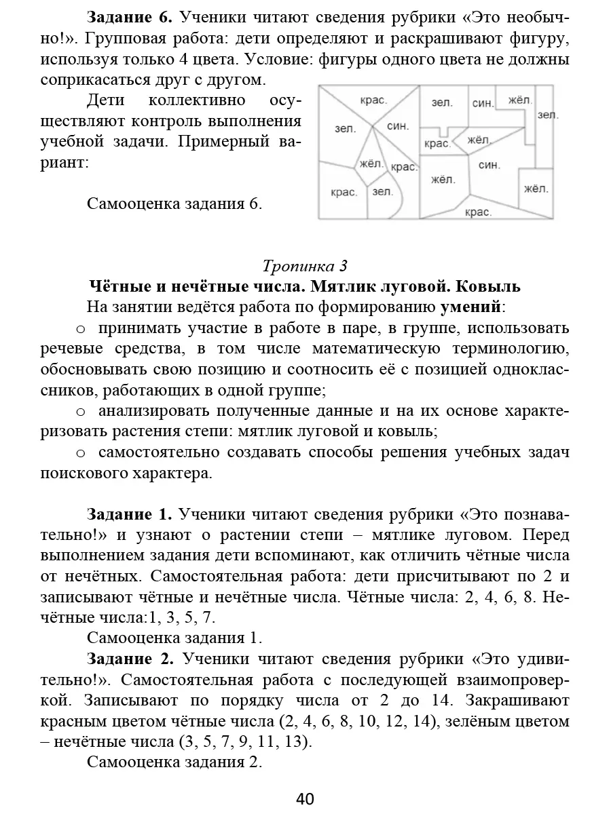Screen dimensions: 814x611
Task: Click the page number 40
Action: click(305, 798)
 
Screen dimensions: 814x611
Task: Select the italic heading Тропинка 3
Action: click(305, 265)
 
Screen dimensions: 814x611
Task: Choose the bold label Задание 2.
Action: click(130, 659)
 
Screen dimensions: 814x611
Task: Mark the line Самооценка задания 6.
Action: click(174, 204)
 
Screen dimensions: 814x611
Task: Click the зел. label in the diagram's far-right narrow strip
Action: click(547, 115)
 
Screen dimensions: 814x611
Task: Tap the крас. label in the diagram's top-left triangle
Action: click(373, 100)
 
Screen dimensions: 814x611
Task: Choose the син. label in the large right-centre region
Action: click(489, 165)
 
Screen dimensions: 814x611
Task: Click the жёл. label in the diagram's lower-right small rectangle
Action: click(536, 189)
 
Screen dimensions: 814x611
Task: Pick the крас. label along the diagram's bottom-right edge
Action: click(478, 212)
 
